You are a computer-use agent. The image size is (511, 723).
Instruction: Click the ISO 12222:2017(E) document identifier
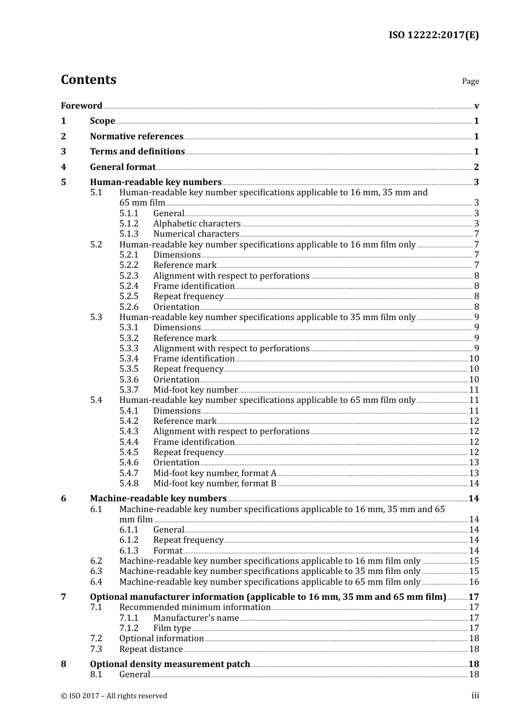pos(434,35)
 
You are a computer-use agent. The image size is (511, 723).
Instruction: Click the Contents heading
pos(88,80)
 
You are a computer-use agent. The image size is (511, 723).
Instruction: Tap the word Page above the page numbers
pos(470,81)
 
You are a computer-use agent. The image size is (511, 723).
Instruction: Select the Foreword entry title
pos(81,105)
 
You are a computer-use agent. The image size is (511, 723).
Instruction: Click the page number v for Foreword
pos(476,105)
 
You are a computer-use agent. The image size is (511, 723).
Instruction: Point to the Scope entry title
pos(102,121)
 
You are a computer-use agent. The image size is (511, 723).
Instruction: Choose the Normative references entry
pos(137,137)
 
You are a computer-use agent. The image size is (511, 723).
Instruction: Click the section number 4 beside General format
pos(63,167)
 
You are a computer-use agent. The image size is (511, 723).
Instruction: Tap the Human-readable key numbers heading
pos(155,182)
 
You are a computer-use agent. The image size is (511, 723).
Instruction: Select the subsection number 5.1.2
pos(129,224)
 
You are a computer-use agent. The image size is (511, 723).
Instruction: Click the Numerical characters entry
pos(196,234)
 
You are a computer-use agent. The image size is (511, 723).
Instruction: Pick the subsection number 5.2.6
pos(129,307)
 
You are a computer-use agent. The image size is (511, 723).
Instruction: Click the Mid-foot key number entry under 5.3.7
pos(195,390)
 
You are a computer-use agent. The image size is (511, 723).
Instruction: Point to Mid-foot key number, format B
pos(215,484)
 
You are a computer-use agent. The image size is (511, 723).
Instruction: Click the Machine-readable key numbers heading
pos(158,499)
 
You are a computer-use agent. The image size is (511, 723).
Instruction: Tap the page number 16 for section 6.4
pos(474,582)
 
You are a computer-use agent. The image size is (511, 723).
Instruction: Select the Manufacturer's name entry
pos(196,618)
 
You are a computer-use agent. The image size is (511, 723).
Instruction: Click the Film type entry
pos(172,628)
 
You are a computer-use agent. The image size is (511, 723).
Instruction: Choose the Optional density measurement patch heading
pos(170,664)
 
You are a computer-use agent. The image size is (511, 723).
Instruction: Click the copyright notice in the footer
pos(114,696)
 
